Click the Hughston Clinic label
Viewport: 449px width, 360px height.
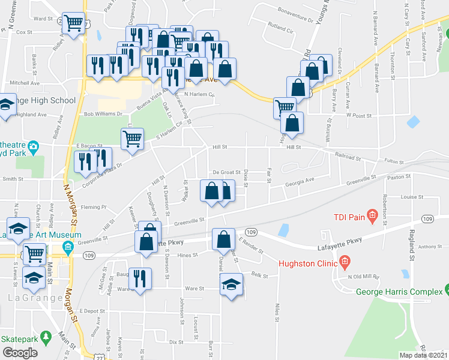point(306,262)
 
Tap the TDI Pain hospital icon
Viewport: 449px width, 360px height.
point(372,214)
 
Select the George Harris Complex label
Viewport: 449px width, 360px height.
point(399,292)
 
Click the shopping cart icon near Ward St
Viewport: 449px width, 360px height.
point(73,23)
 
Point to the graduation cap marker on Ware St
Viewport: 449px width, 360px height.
point(230,284)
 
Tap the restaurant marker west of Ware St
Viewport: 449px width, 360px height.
point(140,278)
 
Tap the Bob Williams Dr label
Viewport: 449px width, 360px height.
point(103,113)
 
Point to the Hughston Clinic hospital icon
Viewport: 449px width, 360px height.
point(345,262)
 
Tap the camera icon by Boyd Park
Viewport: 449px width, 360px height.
point(34,146)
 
